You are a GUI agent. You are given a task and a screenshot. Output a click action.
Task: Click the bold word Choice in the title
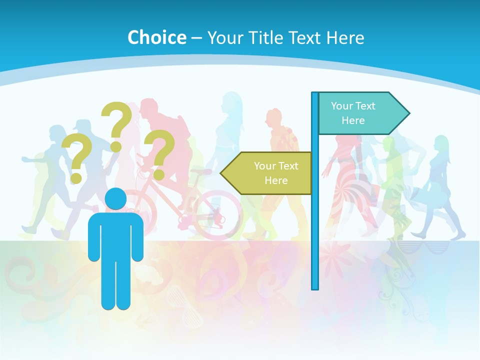[156, 37]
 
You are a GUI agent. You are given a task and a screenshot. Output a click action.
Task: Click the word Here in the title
[345, 37]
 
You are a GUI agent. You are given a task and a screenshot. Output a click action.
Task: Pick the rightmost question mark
[160, 152]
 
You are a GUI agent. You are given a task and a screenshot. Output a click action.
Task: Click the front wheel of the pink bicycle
[216, 215]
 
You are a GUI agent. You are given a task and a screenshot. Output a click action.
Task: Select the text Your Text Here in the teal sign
[353, 113]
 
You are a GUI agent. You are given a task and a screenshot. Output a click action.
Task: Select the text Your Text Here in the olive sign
[275, 173]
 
